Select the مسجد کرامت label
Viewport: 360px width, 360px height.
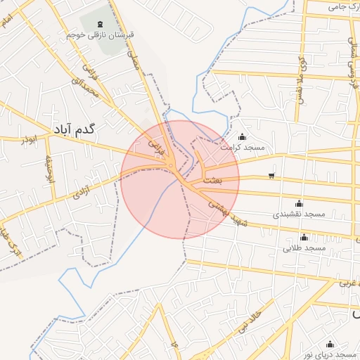242,147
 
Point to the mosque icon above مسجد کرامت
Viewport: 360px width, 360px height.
243,136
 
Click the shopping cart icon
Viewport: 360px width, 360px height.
271,176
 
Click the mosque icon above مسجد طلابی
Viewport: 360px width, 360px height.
304,237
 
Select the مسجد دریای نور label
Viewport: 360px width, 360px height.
330,354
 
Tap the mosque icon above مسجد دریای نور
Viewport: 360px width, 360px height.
330,344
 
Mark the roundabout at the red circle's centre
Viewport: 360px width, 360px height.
171,166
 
